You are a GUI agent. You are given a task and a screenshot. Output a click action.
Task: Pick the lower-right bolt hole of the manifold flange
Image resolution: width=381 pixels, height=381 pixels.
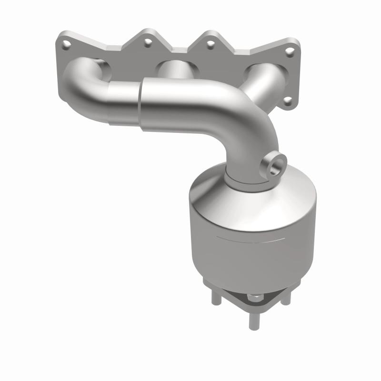288,100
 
